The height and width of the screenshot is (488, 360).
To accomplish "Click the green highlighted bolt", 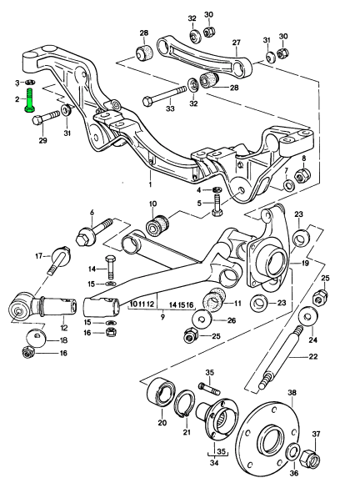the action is (x=30, y=100).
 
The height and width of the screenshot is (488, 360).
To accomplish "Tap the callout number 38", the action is (x=292, y=392).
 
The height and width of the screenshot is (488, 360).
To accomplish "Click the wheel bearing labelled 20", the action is (x=161, y=394).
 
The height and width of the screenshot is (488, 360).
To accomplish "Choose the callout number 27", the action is (x=237, y=43).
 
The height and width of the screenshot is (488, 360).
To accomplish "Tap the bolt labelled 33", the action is (x=164, y=96).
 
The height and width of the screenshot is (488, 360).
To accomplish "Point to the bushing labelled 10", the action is (x=157, y=225).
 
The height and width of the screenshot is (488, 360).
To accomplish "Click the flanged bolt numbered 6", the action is (x=93, y=232).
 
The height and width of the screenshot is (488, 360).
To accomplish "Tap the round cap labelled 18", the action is (x=36, y=338).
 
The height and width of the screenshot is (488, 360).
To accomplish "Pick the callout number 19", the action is (x=305, y=264).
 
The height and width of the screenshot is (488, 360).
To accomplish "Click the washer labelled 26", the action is (x=202, y=319).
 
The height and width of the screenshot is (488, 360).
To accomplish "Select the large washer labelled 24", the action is (x=307, y=317).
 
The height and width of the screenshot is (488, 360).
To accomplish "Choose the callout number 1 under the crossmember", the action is (x=150, y=185).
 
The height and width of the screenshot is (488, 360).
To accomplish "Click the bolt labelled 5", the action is (x=217, y=204).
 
